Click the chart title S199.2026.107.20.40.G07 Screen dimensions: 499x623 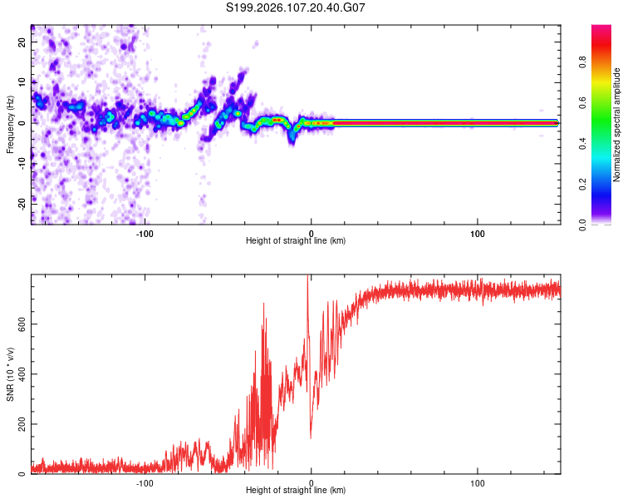coord(297,7)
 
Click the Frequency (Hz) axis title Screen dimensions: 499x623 coord(11,123)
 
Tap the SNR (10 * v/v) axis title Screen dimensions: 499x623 coord(11,374)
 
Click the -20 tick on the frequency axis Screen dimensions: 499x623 coord(22,202)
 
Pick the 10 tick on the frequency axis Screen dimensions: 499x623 coord(22,82)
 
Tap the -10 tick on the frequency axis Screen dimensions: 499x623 coord(22,162)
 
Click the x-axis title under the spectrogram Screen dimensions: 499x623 coord(296,241)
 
